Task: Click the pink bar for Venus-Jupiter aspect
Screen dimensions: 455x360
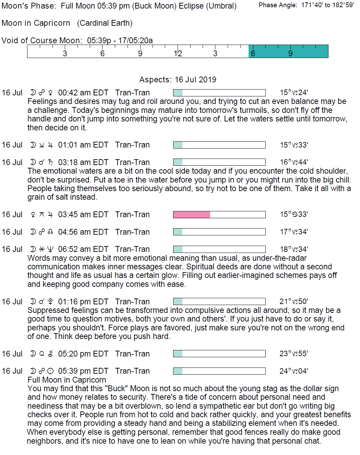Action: pyautogui.click(x=192, y=215)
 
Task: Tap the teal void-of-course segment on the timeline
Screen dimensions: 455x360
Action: pyautogui.click(x=288, y=51)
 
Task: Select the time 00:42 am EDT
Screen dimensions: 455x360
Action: pyautogui.click(x=83, y=93)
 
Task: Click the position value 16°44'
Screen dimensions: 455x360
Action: pyautogui.click(x=294, y=162)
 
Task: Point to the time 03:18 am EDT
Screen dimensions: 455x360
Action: pyautogui.click(x=83, y=162)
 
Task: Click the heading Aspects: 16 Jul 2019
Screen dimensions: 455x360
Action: pyautogui.click(x=178, y=80)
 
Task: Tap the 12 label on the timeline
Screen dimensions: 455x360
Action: pyautogui.click(x=178, y=54)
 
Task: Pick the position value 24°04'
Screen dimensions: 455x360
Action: pyautogui.click(x=294, y=371)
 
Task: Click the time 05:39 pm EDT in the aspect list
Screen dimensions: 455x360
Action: pyautogui.click(x=83, y=371)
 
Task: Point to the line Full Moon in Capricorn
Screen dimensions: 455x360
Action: pyautogui.click(x=67, y=380)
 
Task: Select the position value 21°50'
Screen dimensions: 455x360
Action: pyautogui.click(x=294, y=302)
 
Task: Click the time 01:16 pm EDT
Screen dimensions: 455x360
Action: pyautogui.click(x=83, y=302)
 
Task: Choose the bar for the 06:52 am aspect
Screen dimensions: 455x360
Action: pyautogui.click(x=219, y=249)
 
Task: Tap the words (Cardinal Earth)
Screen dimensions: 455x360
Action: pyautogui.click(x=105, y=23)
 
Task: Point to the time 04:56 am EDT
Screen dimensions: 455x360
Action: pyautogui.click(x=83, y=232)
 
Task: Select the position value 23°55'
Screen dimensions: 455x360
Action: pyautogui.click(x=294, y=354)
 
